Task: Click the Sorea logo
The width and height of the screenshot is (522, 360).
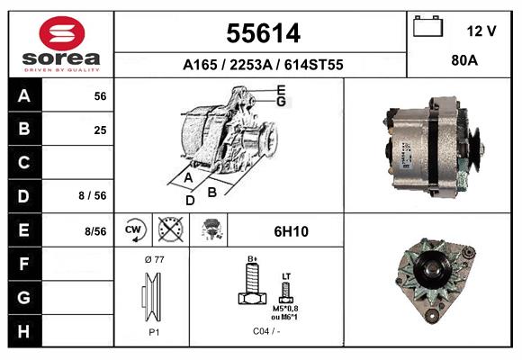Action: (x=60, y=44)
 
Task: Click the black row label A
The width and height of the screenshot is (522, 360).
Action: (x=23, y=96)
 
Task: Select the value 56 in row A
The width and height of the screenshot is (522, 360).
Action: (x=100, y=96)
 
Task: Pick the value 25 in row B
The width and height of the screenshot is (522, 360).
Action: (x=100, y=130)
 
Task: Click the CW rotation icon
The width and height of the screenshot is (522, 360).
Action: (x=133, y=229)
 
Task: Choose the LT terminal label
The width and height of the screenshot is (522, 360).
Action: (x=286, y=276)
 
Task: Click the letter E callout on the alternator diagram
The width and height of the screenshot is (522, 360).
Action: (x=281, y=90)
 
